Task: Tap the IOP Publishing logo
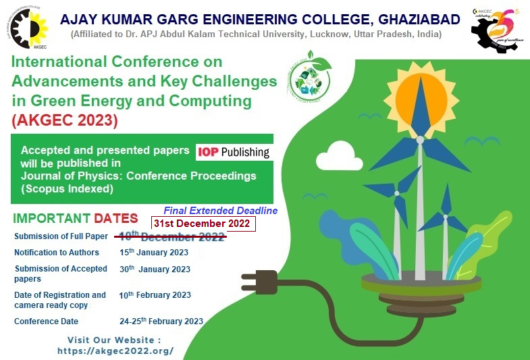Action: (x=233, y=153)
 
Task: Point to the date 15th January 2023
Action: (x=154, y=253)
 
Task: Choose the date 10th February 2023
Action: (x=155, y=295)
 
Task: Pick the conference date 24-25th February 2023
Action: (x=161, y=322)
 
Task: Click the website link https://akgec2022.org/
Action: (x=115, y=351)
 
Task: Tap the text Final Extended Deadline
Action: (x=220, y=211)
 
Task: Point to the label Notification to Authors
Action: (x=57, y=253)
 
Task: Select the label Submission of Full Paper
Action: (x=61, y=236)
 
